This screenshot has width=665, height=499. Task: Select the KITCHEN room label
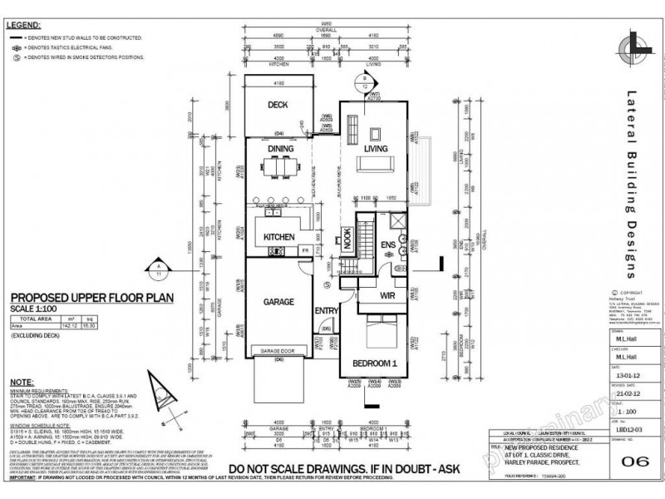coord(279,237)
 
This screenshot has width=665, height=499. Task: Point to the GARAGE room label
coord(279,302)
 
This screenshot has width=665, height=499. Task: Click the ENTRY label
coord(325,312)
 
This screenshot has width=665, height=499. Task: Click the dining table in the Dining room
coord(279,167)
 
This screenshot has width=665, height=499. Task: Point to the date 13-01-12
coord(628,374)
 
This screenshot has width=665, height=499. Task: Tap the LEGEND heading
coord(23,27)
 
